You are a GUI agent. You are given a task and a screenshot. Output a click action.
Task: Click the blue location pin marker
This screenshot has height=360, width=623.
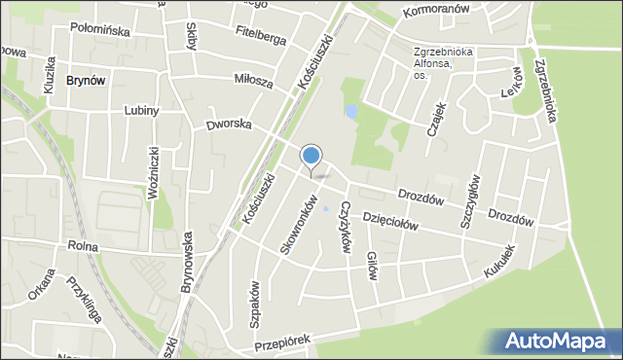click(311, 158)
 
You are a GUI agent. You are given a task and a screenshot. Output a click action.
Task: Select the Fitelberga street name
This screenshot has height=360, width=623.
click(261, 37)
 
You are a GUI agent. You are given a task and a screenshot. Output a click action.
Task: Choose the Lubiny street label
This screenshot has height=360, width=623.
click(141, 111)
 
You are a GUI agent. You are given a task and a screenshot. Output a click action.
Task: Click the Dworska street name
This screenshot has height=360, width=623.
click(229, 126)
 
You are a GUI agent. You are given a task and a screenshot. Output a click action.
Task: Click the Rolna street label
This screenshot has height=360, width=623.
click(85, 247)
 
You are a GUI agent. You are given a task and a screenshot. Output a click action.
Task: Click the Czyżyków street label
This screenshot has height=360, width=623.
click(345, 227)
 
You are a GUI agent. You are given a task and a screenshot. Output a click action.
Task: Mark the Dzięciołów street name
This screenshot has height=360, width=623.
click(391, 222)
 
